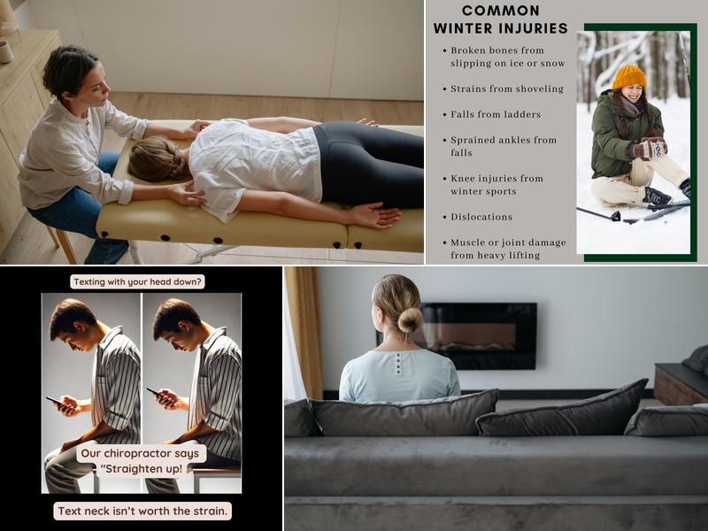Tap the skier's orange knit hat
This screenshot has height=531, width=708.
click(x=629, y=77)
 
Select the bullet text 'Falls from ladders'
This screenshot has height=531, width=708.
click(x=496, y=114)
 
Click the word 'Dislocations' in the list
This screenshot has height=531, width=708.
click(x=481, y=217)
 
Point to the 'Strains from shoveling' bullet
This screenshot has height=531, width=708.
click(x=507, y=88)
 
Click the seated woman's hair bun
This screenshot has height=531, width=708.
click(x=410, y=319)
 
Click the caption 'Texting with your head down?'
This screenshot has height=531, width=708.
click(x=137, y=281)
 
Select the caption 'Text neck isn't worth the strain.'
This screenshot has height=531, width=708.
click(x=142, y=511)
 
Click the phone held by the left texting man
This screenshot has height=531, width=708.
click(x=54, y=401)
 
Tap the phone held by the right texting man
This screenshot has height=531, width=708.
click(x=155, y=391)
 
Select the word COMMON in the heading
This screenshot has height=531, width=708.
click(x=501, y=11)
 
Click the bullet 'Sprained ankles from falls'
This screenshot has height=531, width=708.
click(x=503, y=146)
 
